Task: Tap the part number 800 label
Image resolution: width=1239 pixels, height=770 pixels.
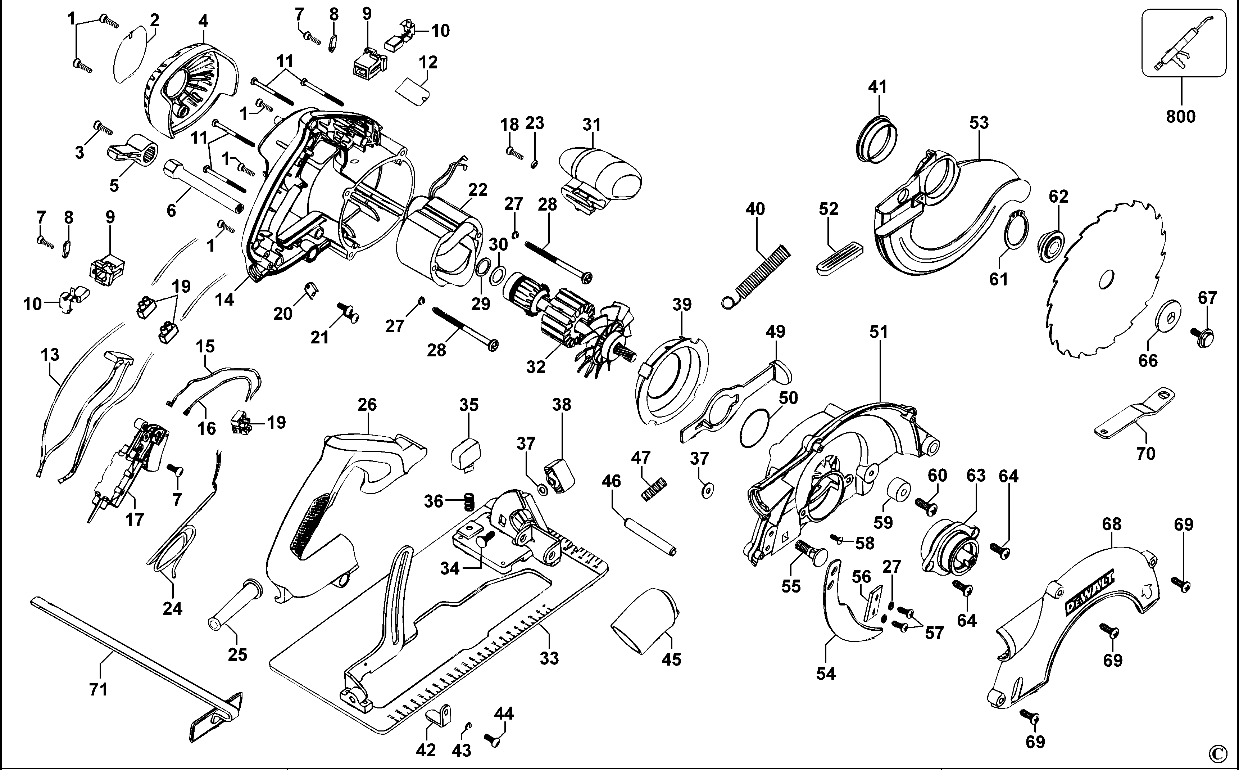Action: pyautogui.click(x=1180, y=117)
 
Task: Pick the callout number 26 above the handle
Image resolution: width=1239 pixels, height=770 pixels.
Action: pyautogui.click(x=367, y=405)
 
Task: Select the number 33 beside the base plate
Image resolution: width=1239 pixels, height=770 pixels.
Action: pyautogui.click(x=549, y=658)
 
